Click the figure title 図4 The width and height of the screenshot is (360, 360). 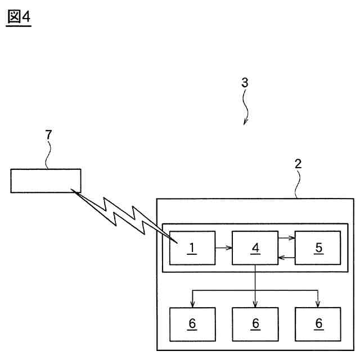pos(19,17)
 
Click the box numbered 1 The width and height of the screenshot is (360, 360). pos(192,247)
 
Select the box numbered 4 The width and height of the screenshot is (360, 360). pos(255,247)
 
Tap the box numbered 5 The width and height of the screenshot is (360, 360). pos(318,247)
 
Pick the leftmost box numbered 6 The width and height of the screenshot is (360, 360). pos(192,324)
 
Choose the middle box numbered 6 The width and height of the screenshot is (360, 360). pos(255,324)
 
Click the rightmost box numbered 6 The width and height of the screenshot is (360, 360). pos(318,324)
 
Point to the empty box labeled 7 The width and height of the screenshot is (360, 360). pos(46,181)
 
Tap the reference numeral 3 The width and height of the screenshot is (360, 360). pos(244,82)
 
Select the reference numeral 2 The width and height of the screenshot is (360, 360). pos(298,164)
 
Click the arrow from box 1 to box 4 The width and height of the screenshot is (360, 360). pos(223,247)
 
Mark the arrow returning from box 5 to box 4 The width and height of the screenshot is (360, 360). pos(286,258)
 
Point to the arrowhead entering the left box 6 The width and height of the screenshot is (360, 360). pos(193,304)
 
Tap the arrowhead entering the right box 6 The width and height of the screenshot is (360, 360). pos(318,304)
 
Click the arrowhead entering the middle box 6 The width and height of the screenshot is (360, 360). pos(255,304)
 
